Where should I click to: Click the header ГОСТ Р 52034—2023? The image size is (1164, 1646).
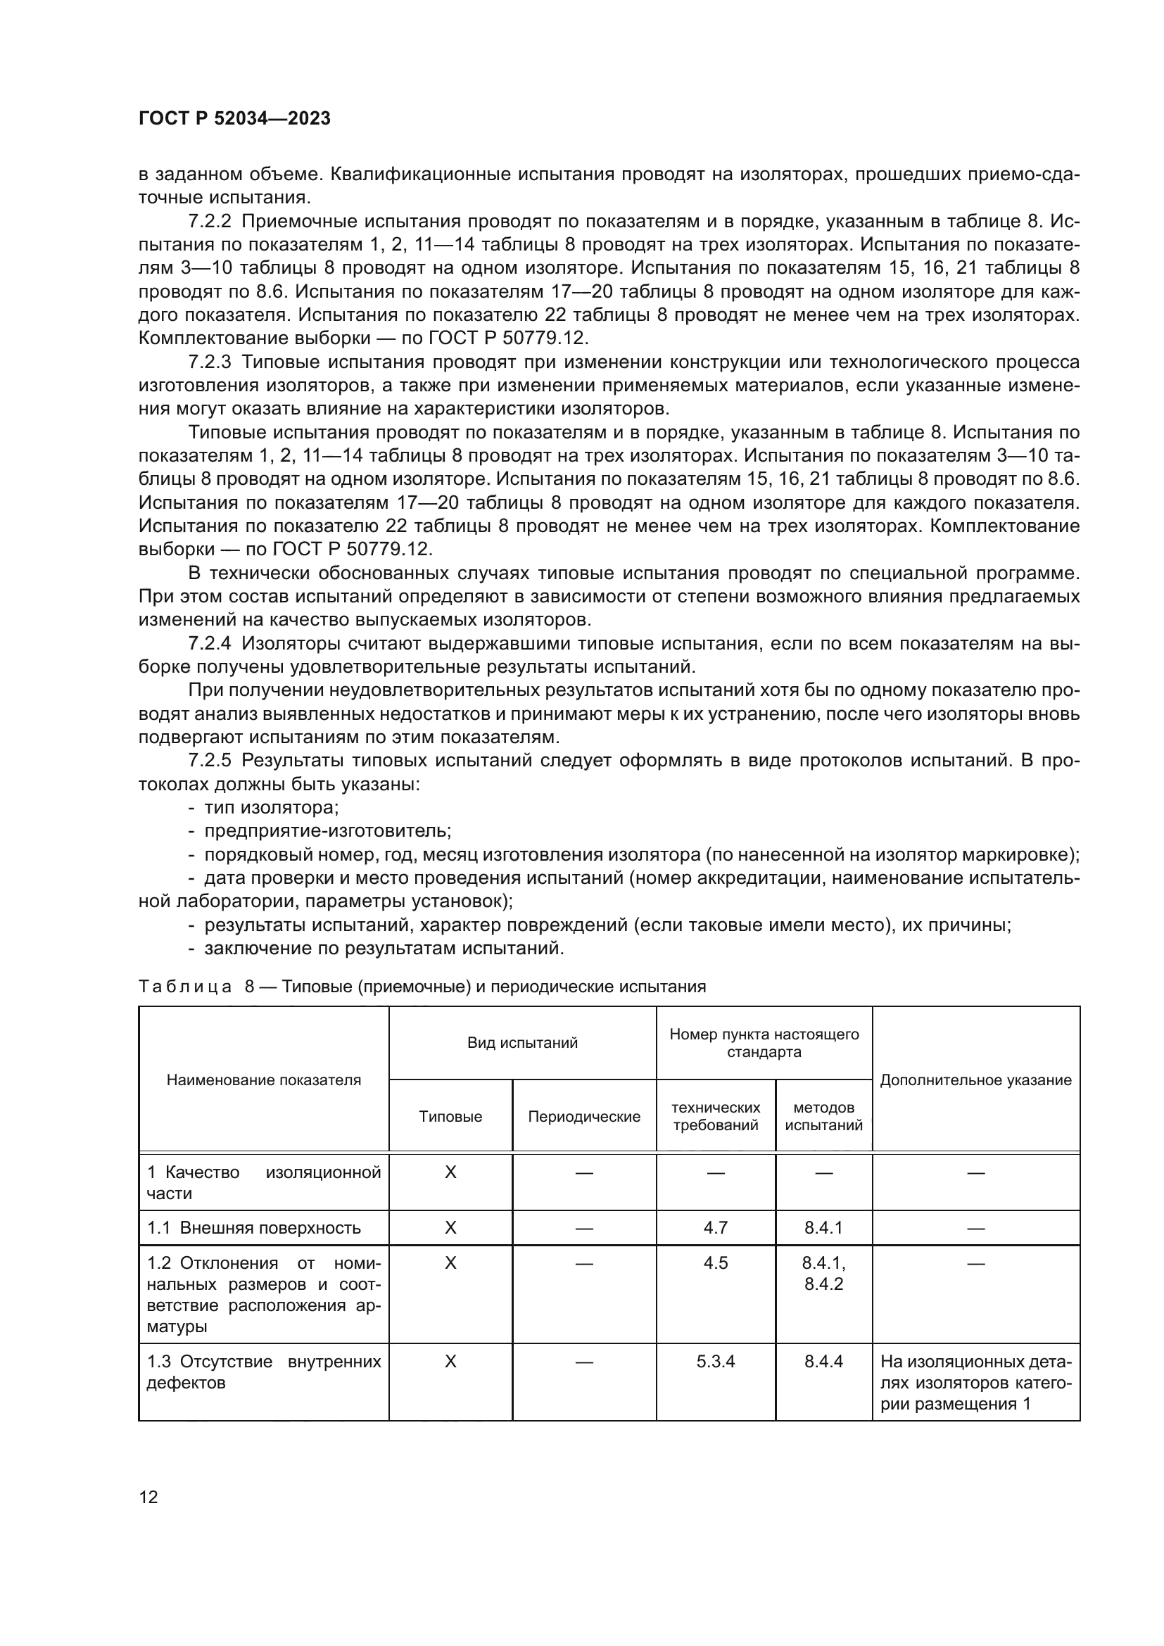pos(234,118)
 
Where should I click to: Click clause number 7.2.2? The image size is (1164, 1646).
pos(210,222)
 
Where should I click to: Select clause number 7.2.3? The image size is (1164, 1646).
pos(210,362)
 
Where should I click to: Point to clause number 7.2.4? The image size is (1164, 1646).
pos(210,643)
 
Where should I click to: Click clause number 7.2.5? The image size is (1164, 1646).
pos(210,760)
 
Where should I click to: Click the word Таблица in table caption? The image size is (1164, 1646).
pos(185,987)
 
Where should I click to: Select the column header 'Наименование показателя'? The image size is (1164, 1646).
pos(264,1080)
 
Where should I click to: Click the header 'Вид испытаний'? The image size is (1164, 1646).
pos(522,1043)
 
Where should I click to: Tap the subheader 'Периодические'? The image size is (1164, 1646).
pos(584,1117)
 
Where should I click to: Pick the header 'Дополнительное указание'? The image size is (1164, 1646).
pos(975,1080)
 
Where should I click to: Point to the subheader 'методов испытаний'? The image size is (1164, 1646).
pos(823,1117)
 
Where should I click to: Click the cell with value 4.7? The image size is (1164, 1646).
pos(715,1228)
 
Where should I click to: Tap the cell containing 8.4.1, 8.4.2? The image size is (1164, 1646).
pos(823,1273)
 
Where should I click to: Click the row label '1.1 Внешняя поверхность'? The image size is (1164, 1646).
pos(254,1228)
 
